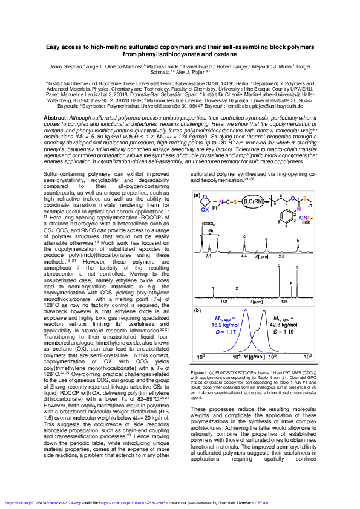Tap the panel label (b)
pos(197,311)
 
